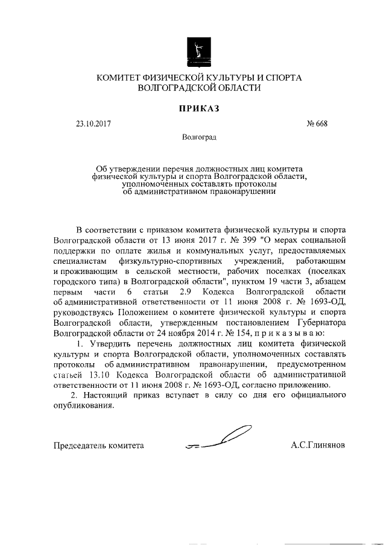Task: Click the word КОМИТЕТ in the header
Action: coord(117,78)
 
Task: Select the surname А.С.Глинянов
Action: coord(318,446)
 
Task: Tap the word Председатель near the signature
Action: coord(78,446)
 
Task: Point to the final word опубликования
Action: coord(83,406)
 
